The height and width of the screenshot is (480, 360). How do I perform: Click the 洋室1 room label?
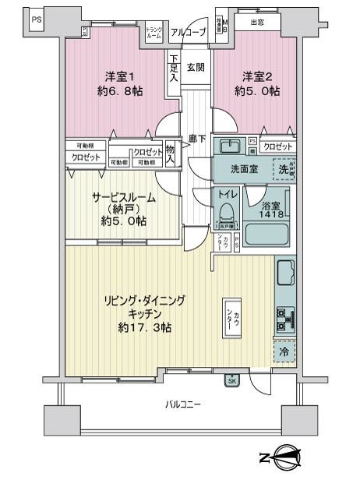click(121, 76)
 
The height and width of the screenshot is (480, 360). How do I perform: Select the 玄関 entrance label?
click(196, 67)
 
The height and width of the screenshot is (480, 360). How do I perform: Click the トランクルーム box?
click(154, 33)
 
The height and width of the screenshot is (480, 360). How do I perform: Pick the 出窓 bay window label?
click(256, 23)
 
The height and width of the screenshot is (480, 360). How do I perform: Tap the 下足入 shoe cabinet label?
click(173, 68)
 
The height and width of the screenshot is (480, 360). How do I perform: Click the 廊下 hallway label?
click(197, 139)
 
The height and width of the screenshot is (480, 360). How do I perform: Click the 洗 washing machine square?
click(284, 168)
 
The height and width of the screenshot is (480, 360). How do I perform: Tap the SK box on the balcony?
click(232, 380)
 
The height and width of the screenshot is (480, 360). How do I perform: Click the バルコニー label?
click(183, 404)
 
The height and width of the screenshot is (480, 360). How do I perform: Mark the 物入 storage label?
click(171, 155)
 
